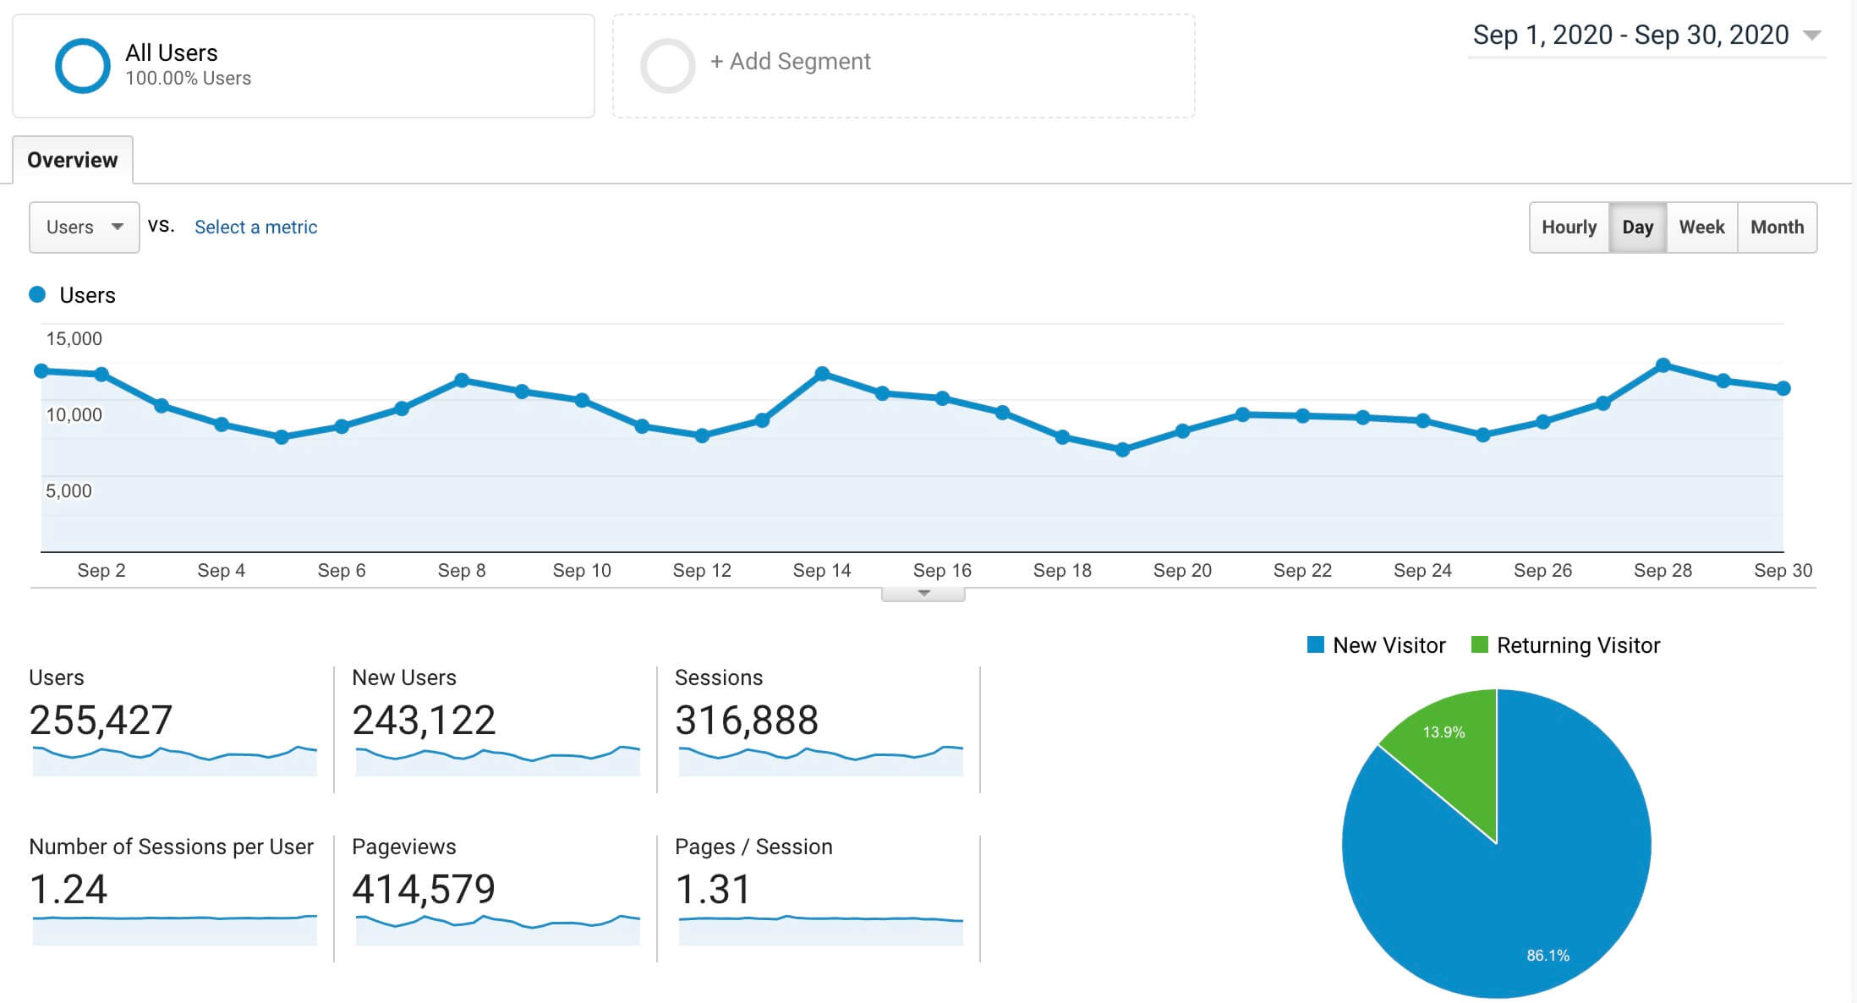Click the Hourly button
coord(1569,227)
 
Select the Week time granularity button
coord(1701,227)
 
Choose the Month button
coord(1777,227)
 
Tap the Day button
coord(1637,227)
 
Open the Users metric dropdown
coord(84,227)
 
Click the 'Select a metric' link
coord(255,227)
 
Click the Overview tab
coord(73,160)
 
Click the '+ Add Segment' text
coord(791,62)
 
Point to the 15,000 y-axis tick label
coord(74,339)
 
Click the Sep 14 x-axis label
coord(822,570)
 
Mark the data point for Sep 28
coord(1663,365)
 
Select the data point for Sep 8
coord(462,381)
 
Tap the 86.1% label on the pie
coord(1547,955)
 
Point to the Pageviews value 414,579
coord(424,889)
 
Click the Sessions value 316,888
coord(747,721)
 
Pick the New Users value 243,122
coord(424,721)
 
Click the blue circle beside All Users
coord(83,66)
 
